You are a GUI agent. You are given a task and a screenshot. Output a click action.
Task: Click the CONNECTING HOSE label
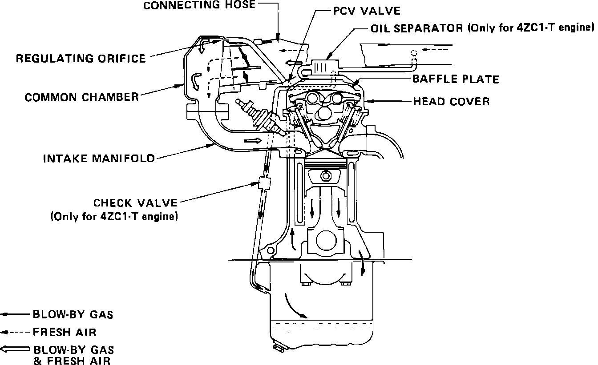coord(199,5)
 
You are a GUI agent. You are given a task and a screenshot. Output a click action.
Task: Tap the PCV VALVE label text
coord(367,11)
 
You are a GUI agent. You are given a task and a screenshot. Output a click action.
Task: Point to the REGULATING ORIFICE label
coord(81,58)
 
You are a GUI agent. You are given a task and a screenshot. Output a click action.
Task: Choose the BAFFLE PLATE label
coord(456,79)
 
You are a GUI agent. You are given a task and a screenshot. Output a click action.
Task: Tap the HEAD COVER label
coord(451,101)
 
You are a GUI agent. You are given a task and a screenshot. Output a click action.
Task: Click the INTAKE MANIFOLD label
coord(99,158)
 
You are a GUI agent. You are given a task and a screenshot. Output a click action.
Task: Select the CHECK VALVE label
coord(135,203)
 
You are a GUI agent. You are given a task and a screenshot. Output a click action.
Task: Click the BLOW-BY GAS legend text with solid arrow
coord(73,315)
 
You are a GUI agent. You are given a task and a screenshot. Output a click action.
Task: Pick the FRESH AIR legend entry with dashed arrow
coord(65,332)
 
